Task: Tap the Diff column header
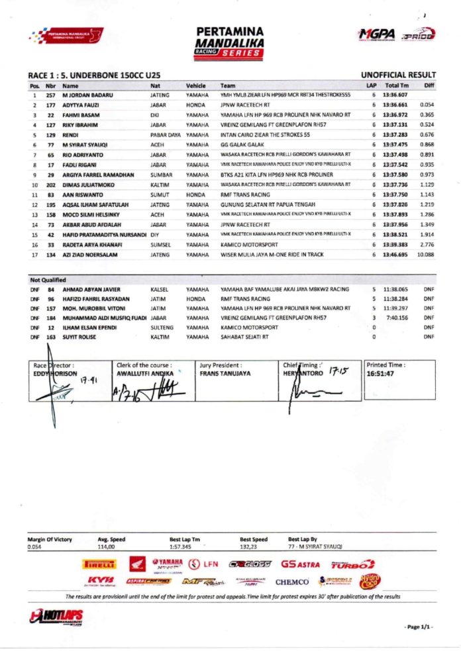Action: (429, 85)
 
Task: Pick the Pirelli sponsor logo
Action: (99, 564)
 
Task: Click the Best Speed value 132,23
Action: (249, 547)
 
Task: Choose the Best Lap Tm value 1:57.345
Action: (181, 547)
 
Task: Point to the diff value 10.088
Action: (425, 254)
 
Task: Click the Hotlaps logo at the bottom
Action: (57, 617)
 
